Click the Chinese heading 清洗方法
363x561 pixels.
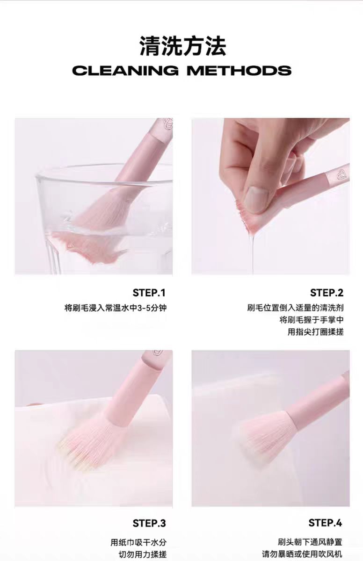pyautogui.click(x=183, y=46)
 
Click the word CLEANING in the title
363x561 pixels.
pyautogui.click(x=125, y=71)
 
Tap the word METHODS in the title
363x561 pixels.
pyautogui.click(x=239, y=71)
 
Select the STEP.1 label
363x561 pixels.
pyautogui.click(x=149, y=293)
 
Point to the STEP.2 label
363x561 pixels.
pyautogui.click(x=327, y=293)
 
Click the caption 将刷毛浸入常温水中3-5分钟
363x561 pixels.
pyautogui.click(x=116, y=308)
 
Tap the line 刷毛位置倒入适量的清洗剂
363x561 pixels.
pyautogui.click(x=295, y=308)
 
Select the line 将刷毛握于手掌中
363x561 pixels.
pyautogui.click(x=312, y=320)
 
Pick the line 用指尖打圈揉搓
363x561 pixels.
pyautogui.click(x=315, y=332)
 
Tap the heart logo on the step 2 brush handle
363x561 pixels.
pyautogui.click(x=341, y=175)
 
